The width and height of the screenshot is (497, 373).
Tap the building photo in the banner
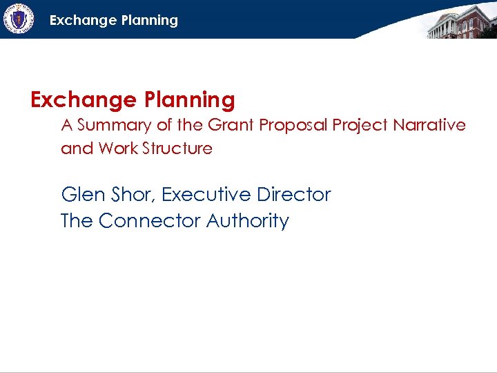[x=461, y=21]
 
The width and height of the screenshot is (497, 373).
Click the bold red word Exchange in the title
[x=84, y=100]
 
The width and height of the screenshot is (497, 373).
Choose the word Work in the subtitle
[x=117, y=149]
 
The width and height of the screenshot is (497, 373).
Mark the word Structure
[x=177, y=149]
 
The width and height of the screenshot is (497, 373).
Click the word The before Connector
[x=77, y=221]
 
